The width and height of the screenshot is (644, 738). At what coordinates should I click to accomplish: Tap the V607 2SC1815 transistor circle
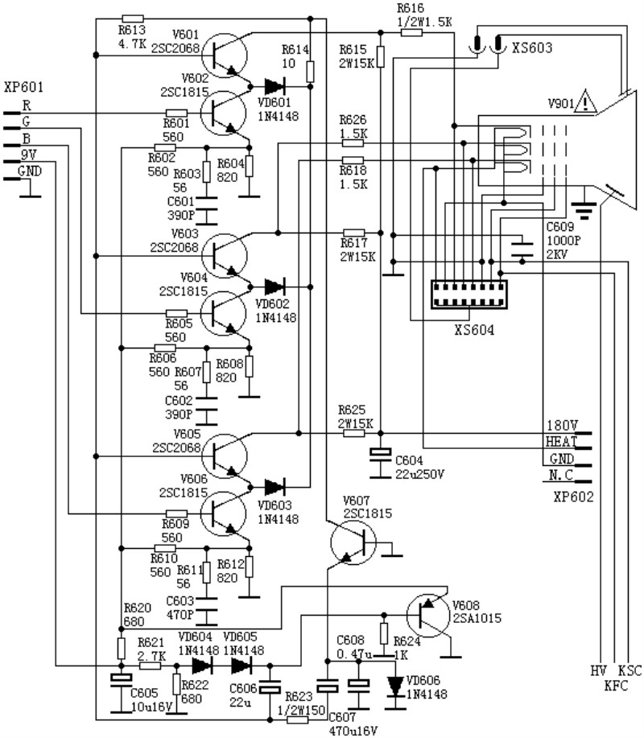tap(352, 544)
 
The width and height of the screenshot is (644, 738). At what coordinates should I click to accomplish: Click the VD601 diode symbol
tap(273, 84)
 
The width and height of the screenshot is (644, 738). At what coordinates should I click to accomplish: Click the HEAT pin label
tap(561, 442)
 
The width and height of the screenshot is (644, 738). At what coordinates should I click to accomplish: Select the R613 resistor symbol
tap(131, 18)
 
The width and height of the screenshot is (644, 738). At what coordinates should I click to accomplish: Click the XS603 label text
tap(532, 48)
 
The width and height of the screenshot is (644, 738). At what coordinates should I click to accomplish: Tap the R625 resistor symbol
tap(354, 433)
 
